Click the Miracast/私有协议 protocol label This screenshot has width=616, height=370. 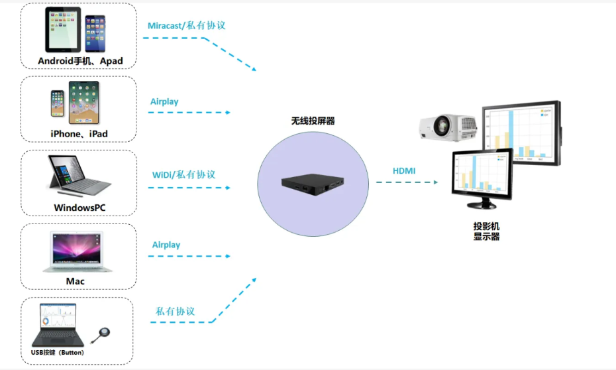(x=186, y=25)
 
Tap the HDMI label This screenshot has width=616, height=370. (x=404, y=171)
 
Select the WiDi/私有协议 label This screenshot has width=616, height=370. (x=183, y=174)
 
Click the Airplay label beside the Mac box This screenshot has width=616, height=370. (x=166, y=245)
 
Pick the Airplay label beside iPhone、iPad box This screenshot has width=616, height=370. (x=164, y=101)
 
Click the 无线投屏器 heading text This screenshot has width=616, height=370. (x=313, y=121)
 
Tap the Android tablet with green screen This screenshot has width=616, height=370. (x=63, y=30)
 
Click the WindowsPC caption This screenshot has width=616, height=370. (x=79, y=208)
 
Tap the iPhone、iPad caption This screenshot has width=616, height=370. (x=79, y=134)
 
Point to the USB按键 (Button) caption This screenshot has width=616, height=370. (x=58, y=352)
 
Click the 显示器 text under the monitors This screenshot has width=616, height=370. (x=486, y=237)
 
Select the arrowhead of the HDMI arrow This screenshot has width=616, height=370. (x=436, y=182)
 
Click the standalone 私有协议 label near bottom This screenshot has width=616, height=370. (x=175, y=311)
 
